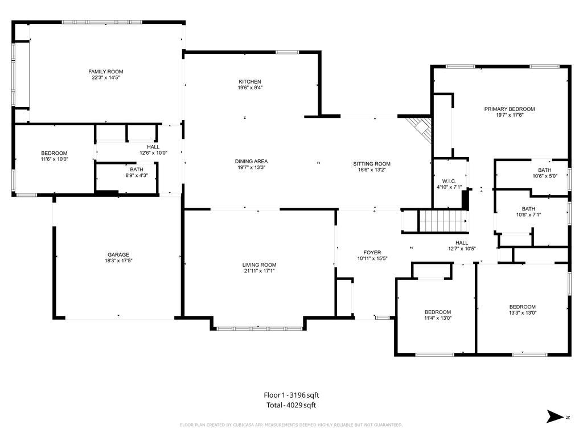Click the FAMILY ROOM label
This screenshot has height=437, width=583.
[106, 72]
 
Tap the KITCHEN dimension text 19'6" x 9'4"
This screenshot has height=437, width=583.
[250, 88]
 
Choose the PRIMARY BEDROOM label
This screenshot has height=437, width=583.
[510, 109]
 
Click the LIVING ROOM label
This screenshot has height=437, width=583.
[259, 265]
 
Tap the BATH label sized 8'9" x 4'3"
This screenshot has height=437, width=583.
[137, 169]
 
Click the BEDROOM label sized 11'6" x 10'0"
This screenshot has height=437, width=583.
[54, 153]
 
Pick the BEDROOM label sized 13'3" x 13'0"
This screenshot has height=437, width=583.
[522, 307]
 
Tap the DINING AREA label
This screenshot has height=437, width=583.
[251, 161]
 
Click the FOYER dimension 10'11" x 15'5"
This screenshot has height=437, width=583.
[372, 258]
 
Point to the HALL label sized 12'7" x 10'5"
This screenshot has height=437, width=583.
[461, 242]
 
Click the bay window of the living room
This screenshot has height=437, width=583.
[259, 328]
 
